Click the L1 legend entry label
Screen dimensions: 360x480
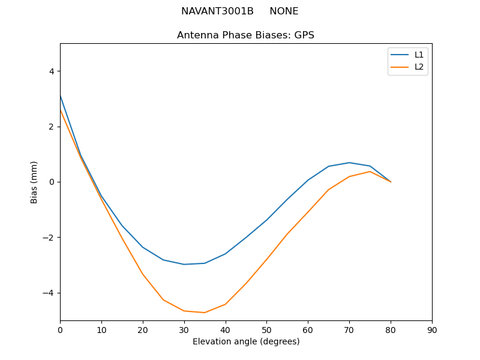[419, 55]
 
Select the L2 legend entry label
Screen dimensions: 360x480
[419, 67]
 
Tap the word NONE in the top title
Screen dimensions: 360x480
[284, 11]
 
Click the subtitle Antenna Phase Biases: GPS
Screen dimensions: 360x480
[245, 35]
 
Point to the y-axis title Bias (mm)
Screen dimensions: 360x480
[34, 182]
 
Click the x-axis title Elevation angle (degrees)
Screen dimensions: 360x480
[245, 341]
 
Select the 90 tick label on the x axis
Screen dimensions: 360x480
[432, 330]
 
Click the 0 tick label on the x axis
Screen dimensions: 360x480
[60, 330]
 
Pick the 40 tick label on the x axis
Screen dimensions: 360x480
[225, 330]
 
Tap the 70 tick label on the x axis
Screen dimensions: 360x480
[349, 330]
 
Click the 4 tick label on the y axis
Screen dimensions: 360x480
[51, 71]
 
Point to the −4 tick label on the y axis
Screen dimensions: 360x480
[49, 293]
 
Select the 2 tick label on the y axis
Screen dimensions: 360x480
[51, 127]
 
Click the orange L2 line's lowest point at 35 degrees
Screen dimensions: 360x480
[205, 313]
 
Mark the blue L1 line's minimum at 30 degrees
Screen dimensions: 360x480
[184, 265]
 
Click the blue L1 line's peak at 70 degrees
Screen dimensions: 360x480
[349, 163]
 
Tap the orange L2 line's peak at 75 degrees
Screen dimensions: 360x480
[370, 172]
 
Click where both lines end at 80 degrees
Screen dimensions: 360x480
[391, 182]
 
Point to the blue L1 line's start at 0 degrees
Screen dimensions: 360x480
[60, 95]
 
